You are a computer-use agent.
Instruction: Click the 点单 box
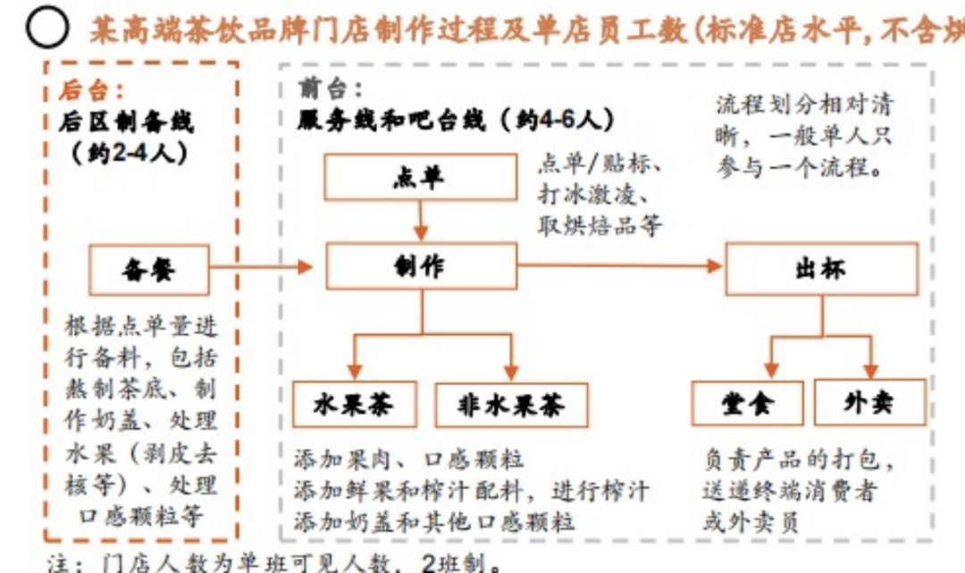(x=419, y=178)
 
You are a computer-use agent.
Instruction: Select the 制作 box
(x=420, y=265)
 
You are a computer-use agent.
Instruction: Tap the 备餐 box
(x=149, y=269)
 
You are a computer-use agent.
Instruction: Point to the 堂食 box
(x=747, y=403)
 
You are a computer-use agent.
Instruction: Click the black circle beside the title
(x=46, y=29)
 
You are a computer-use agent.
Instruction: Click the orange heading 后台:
(x=92, y=89)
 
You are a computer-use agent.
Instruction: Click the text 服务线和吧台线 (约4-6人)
(x=457, y=120)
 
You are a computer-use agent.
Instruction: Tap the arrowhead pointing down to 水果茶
(x=355, y=372)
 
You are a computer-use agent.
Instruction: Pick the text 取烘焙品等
(x=600, y=225)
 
